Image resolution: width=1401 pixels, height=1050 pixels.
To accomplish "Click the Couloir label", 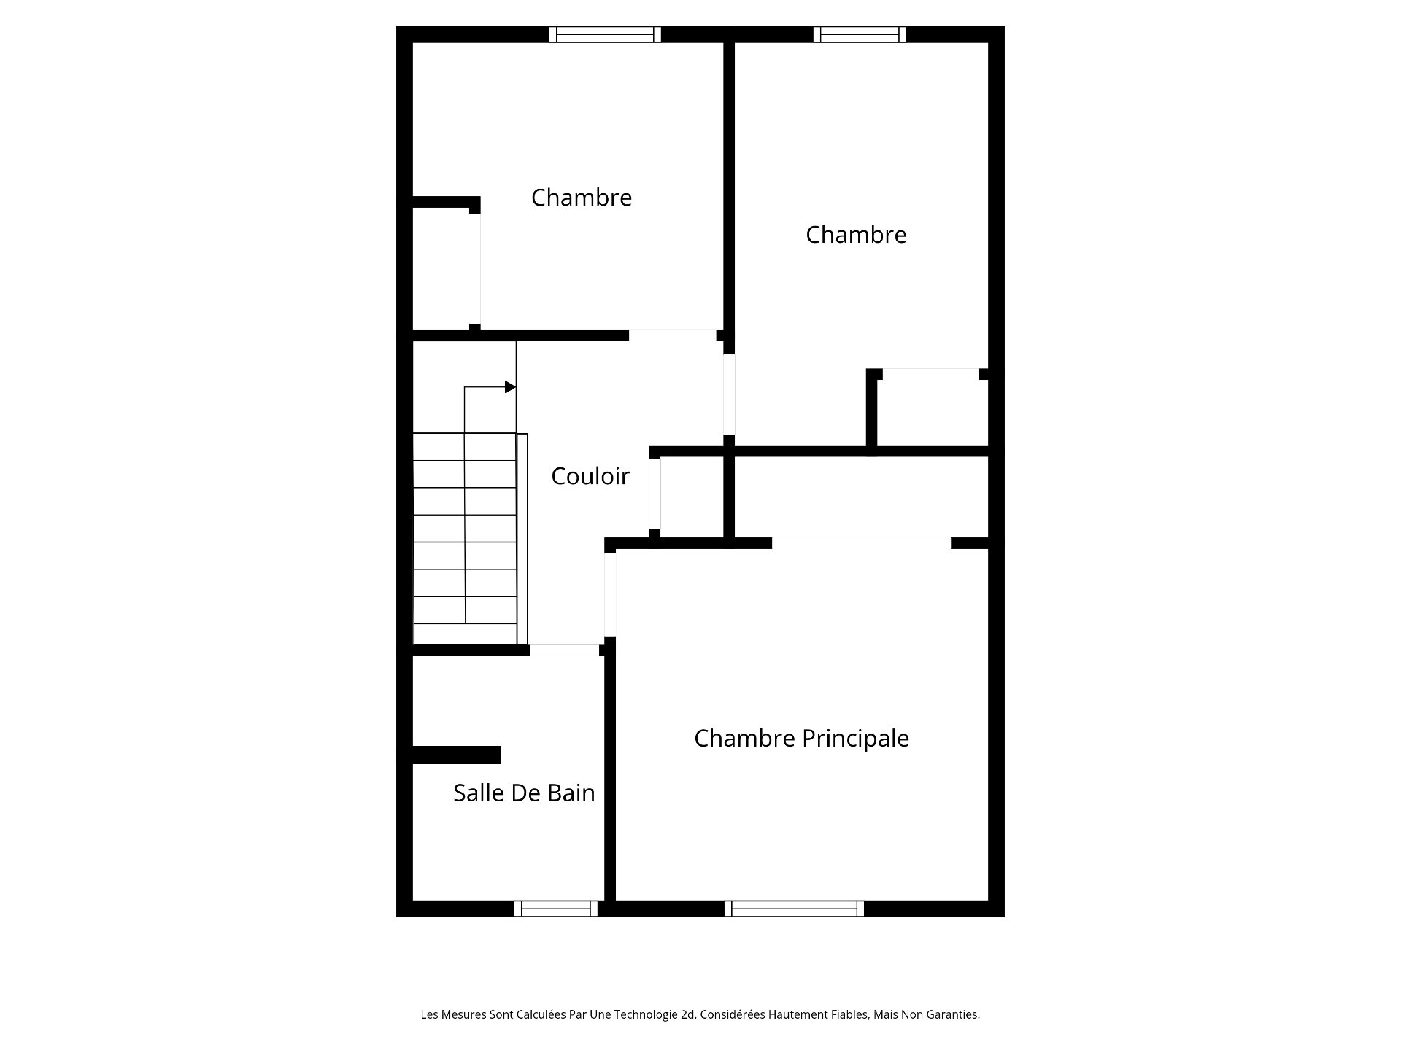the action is click(590, 476).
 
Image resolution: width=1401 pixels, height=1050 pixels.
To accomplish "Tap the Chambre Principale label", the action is click(801, 739).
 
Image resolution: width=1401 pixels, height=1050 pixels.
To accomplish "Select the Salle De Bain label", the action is click(524, 793).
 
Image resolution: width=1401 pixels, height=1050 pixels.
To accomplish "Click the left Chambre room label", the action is click(581, 198).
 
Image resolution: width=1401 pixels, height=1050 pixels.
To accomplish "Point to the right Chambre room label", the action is click(856, 235).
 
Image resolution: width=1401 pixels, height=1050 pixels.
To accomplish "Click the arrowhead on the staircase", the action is click(511, 387).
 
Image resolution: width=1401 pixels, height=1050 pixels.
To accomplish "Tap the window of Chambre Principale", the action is click(794, 909).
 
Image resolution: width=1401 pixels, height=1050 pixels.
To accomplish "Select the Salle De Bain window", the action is click(556, 909).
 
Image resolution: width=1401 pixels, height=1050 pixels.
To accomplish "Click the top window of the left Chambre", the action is click(605, 34).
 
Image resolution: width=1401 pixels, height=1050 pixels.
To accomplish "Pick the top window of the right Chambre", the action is click(860, 34).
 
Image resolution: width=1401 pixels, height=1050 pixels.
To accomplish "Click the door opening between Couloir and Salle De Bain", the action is click(565, 650).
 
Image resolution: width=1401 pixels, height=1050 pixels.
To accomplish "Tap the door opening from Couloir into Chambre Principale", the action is click(610, 594).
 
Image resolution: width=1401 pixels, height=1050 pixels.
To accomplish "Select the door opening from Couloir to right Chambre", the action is click(729, 394).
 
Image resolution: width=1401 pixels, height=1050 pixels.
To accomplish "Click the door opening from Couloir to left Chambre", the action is click(673, 335).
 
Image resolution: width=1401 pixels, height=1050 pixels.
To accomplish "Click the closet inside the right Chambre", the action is click(932, 411).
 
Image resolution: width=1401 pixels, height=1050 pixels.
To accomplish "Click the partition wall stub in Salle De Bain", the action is click(457, 755).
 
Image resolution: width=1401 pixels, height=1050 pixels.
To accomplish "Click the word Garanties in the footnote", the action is click(952, 1014).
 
